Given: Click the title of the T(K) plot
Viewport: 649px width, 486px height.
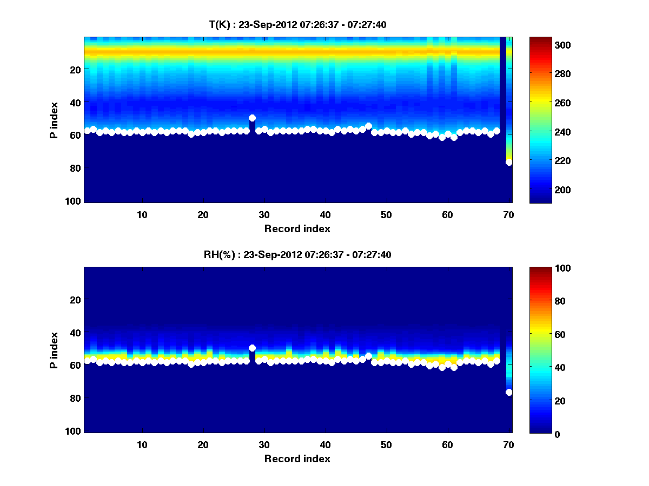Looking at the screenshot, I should click(x=297, y=24).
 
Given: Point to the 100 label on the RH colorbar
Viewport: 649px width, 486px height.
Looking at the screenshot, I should click(x=549, y=268).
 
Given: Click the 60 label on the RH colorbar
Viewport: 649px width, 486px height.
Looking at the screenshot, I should click(x=547, y=335).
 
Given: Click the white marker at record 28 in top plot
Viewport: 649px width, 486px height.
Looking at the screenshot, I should click(x=252, y=118).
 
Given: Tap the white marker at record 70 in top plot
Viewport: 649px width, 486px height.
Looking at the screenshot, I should click(x=509, y=162).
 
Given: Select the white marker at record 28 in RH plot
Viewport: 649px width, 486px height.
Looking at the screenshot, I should click(x=252, y=348).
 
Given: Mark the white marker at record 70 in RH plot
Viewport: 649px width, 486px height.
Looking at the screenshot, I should click(x=509, y=392).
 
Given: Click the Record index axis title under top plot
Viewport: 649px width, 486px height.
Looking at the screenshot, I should click(x=297, y=228).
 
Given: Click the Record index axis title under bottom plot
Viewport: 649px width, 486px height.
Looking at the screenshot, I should click(x=297, y=458).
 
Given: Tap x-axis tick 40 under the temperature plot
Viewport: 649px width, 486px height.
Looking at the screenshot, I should click(x=325, y=214).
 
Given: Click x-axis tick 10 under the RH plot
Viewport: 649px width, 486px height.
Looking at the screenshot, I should click(x=142, y=444).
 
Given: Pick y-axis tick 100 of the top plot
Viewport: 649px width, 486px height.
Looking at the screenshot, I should click(x=74, y=201).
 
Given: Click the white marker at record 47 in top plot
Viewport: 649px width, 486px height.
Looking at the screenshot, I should click(x=368, y=126).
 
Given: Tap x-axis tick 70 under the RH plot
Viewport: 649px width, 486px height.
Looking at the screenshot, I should click(x=508, y=444).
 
